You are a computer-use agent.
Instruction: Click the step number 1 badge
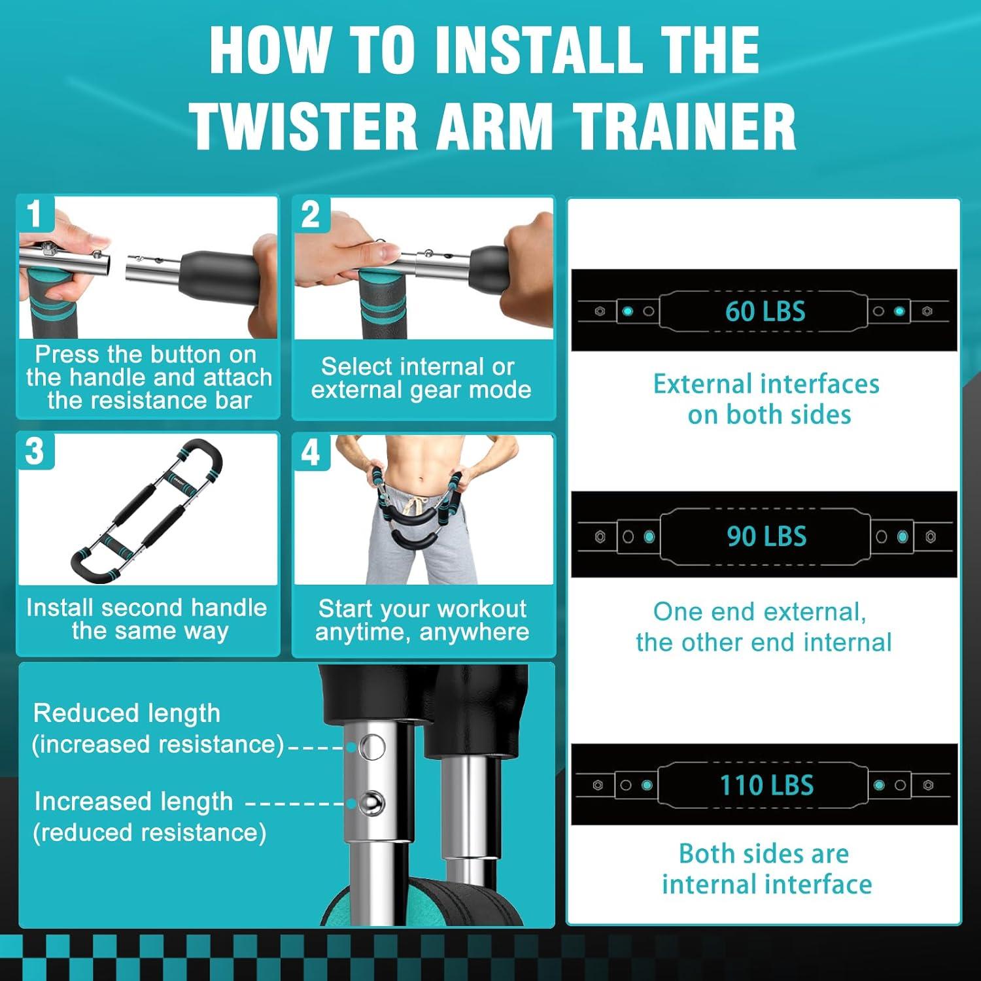[x=34, y=214]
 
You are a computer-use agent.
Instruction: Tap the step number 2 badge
[x=311, y=214]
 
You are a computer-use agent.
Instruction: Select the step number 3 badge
[x=35, y=451]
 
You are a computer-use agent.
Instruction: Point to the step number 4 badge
[x=311, y=452]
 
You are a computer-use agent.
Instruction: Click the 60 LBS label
[x=765, y=311]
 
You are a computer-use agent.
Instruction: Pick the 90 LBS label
[x=766, y=536]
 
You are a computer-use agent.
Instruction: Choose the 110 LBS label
[x=766, y=785]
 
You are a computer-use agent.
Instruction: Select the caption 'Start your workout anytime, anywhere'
[x=422, y=620]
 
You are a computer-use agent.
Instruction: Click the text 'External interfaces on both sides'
[x=766, y=399]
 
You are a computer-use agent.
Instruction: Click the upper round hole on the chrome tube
[x=373, y=746]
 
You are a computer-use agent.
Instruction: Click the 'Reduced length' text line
[x=127, y=713]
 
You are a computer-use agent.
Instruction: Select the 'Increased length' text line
[x=133, y=801]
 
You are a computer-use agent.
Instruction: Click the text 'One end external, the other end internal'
[x=763, y=627]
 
